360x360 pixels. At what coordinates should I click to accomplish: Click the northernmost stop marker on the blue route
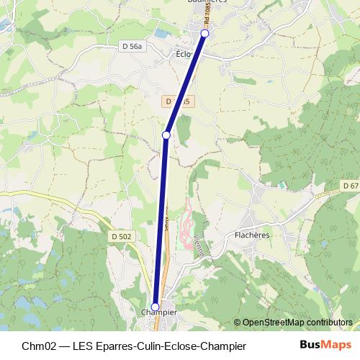tap(204, 34)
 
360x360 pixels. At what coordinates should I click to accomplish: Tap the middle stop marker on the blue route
tap(166, 135)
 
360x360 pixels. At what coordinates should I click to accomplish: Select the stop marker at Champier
tap(155, 307)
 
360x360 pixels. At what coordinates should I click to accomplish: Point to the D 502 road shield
tap(122, 236)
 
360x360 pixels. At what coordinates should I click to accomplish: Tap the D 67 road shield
tap(350, 186)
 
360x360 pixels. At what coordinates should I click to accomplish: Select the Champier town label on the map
tap(155, 313)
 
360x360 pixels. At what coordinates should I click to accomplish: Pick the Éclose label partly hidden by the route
tap(182, 53)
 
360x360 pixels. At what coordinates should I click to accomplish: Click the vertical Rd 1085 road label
tap(207, 16)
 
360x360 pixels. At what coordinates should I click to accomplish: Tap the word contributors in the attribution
tap(329, 323)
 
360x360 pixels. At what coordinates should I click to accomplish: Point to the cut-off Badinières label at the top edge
tap(207, 2)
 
